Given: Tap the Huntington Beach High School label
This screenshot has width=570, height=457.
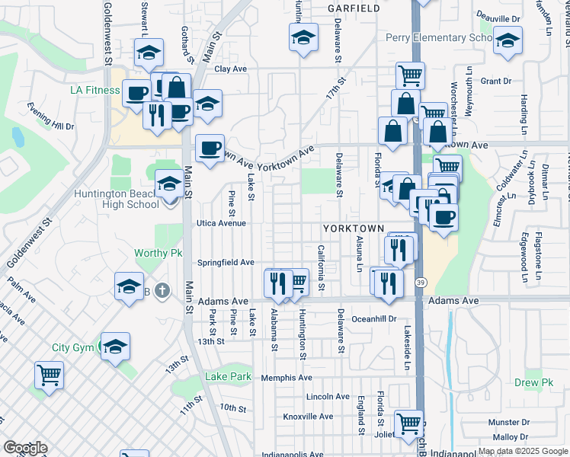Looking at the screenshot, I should (x=117, y=199).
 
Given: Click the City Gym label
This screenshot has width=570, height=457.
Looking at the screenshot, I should (x=72, y=347).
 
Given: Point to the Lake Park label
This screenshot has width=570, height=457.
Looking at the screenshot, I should (x=228, y=376).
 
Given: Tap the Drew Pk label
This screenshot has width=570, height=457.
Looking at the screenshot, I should (x=533, y=383).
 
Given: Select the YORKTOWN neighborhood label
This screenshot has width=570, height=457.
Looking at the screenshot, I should (x=352, y=228).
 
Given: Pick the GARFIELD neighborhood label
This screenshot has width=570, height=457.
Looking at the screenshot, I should (x=353, y=8).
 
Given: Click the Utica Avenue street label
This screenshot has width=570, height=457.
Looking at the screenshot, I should (x=222, y=223).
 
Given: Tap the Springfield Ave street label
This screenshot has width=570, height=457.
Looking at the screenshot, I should (x=226, y=262).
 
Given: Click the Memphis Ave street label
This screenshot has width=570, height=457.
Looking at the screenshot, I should (x=287, y=378).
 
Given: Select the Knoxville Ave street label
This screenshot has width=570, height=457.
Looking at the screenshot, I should (x=308, y=417).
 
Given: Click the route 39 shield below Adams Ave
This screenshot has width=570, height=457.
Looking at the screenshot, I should (x=420, y=283).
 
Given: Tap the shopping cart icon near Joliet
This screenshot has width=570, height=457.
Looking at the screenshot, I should (x=409, y=423).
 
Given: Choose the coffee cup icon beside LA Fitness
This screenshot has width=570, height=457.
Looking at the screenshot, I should (x=136, y=93).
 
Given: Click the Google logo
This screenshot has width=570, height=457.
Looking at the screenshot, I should (x=25, y=449).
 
